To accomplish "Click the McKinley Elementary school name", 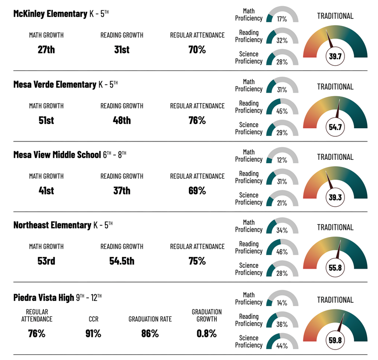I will click(50, 14).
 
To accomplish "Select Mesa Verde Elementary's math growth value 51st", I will click(46, 120).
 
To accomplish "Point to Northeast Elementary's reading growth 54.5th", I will click(121, 261).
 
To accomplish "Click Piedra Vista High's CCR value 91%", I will click(93, 334).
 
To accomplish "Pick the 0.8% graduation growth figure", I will click(206, 334).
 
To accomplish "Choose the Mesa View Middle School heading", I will click(57, 155).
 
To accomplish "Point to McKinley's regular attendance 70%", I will click(197, 49).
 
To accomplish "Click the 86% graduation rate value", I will click(150, 334).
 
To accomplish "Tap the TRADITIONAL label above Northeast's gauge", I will click(335, 228).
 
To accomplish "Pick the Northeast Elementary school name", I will click(52, 225).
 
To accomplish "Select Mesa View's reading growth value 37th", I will click(121, 191).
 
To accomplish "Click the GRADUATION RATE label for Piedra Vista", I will click(150, 319).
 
